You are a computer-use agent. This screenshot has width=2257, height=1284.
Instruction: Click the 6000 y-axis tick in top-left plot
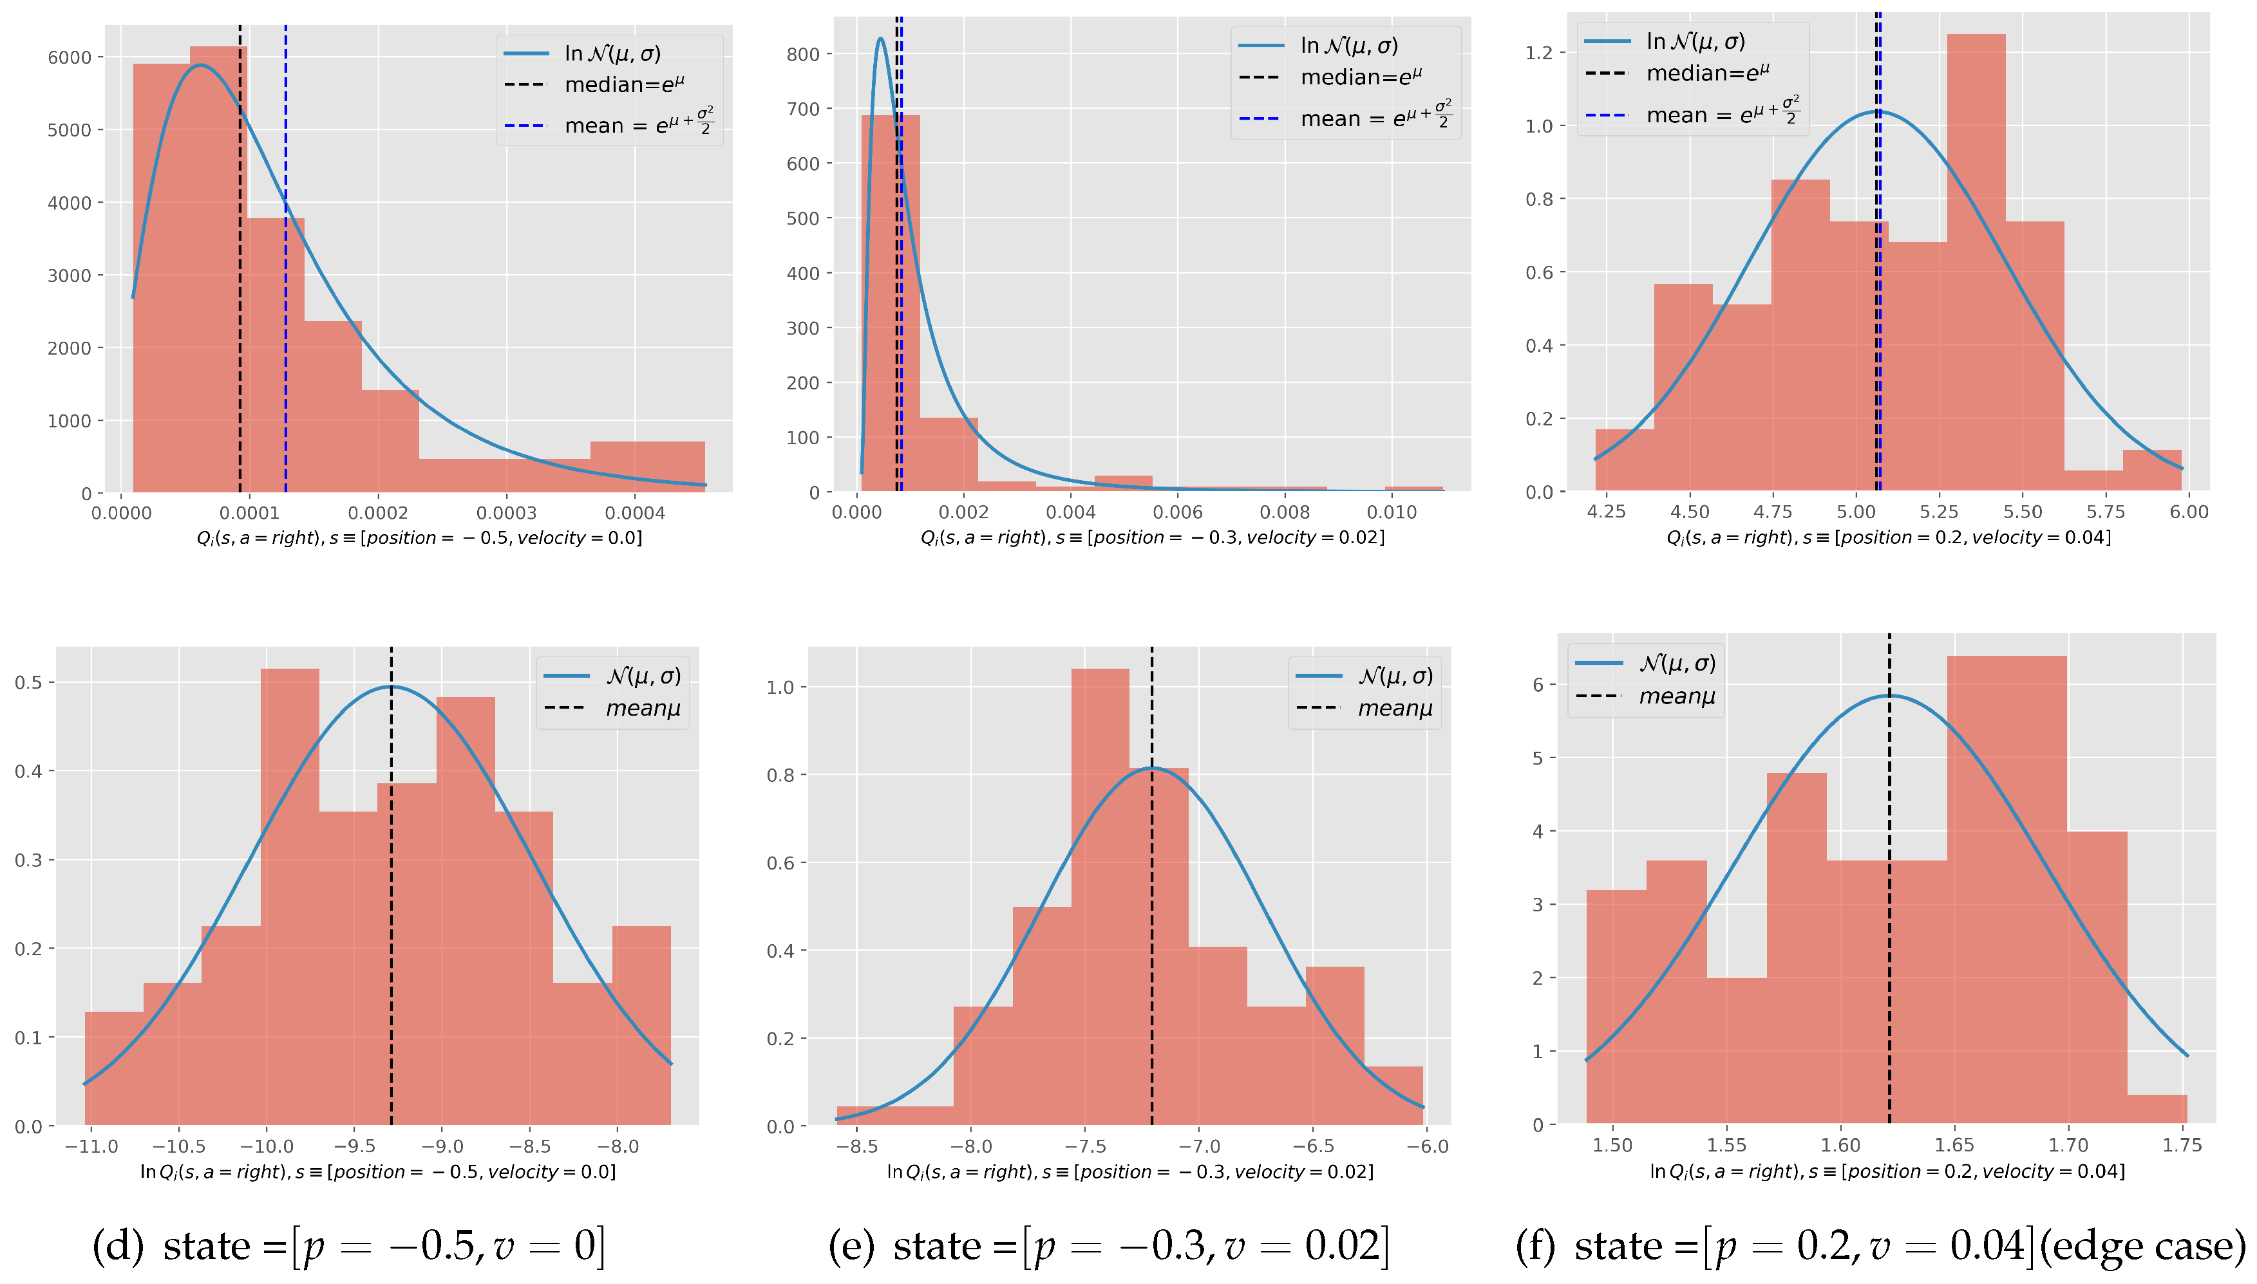point(69,57)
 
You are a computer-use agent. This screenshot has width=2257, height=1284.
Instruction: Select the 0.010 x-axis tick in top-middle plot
point(1392,512)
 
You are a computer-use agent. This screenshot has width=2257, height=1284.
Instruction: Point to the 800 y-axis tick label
point(803,55)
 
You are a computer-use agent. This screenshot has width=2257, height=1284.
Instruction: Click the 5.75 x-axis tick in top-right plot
point(2105,512)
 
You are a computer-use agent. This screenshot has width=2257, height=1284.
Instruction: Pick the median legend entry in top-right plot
point(1706,73)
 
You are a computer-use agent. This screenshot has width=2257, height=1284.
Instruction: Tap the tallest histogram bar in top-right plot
point(1976,265)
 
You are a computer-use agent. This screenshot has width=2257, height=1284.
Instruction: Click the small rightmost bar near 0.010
point(1413,488)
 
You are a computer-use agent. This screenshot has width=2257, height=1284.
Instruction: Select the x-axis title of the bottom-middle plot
point(1129,1172)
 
